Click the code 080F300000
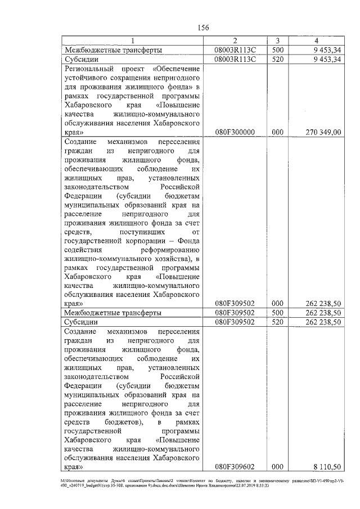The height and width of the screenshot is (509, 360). click(x=235, y=132)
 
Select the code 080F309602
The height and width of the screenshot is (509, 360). click(x=235, y=466)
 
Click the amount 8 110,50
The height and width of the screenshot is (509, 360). click(x=327, y=466)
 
